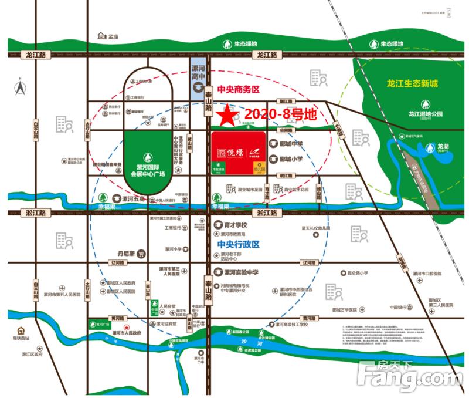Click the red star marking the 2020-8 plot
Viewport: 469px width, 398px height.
click(x=224, y=113)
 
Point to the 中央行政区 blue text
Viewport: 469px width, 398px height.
click(x=237, y=244)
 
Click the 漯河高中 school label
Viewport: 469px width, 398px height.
click(x=198, y=72)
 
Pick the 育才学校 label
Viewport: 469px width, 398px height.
click(x=236, y=225)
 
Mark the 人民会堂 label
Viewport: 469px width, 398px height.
click(x=168, y=306)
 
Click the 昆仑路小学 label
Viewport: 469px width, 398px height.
click(x=355, y=272)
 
